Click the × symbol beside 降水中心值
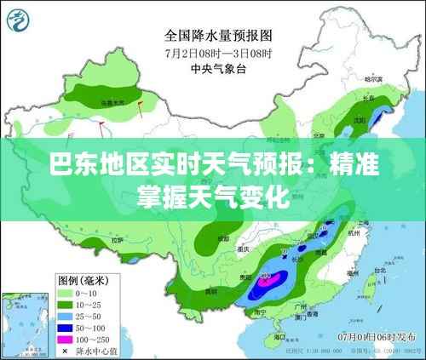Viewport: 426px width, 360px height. pos(66,347)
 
